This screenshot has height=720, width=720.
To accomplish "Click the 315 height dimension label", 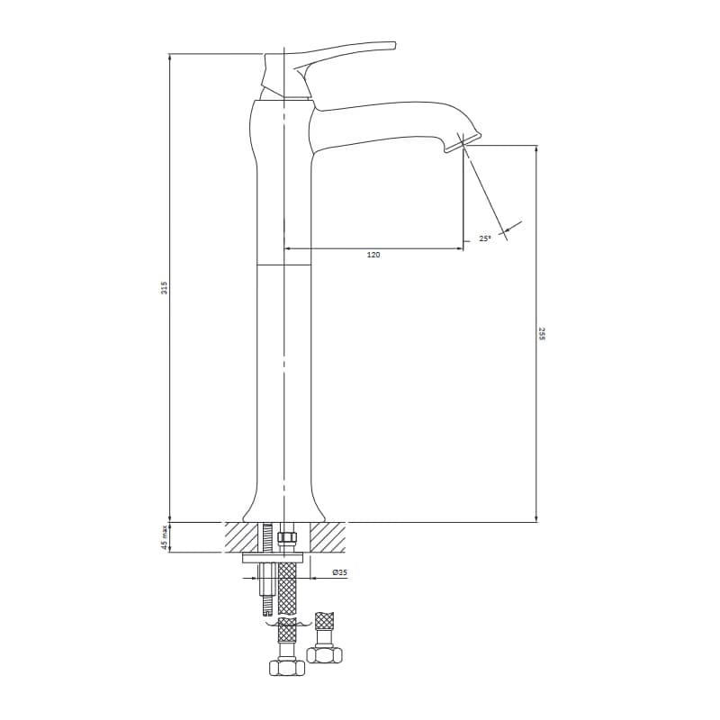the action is point(164,287).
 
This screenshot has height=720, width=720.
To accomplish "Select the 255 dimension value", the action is point(543,334).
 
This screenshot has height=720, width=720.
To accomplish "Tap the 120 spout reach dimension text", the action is point(373,255).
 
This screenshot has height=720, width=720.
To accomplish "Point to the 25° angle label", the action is point(484,238).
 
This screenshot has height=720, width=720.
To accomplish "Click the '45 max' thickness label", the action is point(164,537).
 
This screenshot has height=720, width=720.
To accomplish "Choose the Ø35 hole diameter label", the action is point(340,572).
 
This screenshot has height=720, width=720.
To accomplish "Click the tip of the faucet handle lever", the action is point(394,44).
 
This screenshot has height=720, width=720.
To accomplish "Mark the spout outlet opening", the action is point(463,141).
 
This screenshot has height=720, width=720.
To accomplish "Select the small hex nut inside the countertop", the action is point(287,537).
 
